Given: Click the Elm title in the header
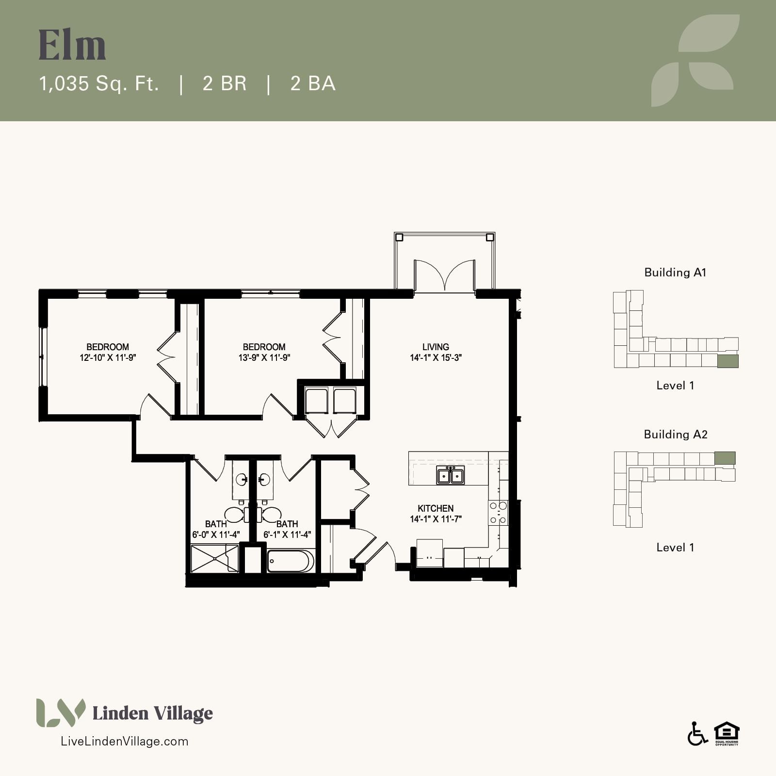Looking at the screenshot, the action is click(72, 45).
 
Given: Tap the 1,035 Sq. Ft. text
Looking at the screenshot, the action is click(99, 83).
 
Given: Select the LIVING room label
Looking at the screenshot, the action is click(436, 347).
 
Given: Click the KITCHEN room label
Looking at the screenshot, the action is click(436, 508).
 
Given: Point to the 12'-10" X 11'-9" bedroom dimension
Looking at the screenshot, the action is click(108, 358).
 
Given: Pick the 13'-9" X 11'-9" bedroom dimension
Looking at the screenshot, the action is click(264, 358).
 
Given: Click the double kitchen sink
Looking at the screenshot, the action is click(451, 475).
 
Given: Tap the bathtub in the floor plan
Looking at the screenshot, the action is click(291, 561).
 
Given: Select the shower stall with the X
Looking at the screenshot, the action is click(215, 559).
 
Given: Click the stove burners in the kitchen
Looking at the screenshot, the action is click(498, 513).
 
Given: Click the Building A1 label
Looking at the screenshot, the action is click(675, 273).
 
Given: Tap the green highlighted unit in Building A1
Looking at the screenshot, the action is click(728, 361).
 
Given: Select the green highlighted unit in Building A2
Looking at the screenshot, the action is click(725, 458).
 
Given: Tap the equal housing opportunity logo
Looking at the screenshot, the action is click(727, 734).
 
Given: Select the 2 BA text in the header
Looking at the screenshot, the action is click(313, 83).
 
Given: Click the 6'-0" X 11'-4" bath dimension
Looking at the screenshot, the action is click(216, 535).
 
